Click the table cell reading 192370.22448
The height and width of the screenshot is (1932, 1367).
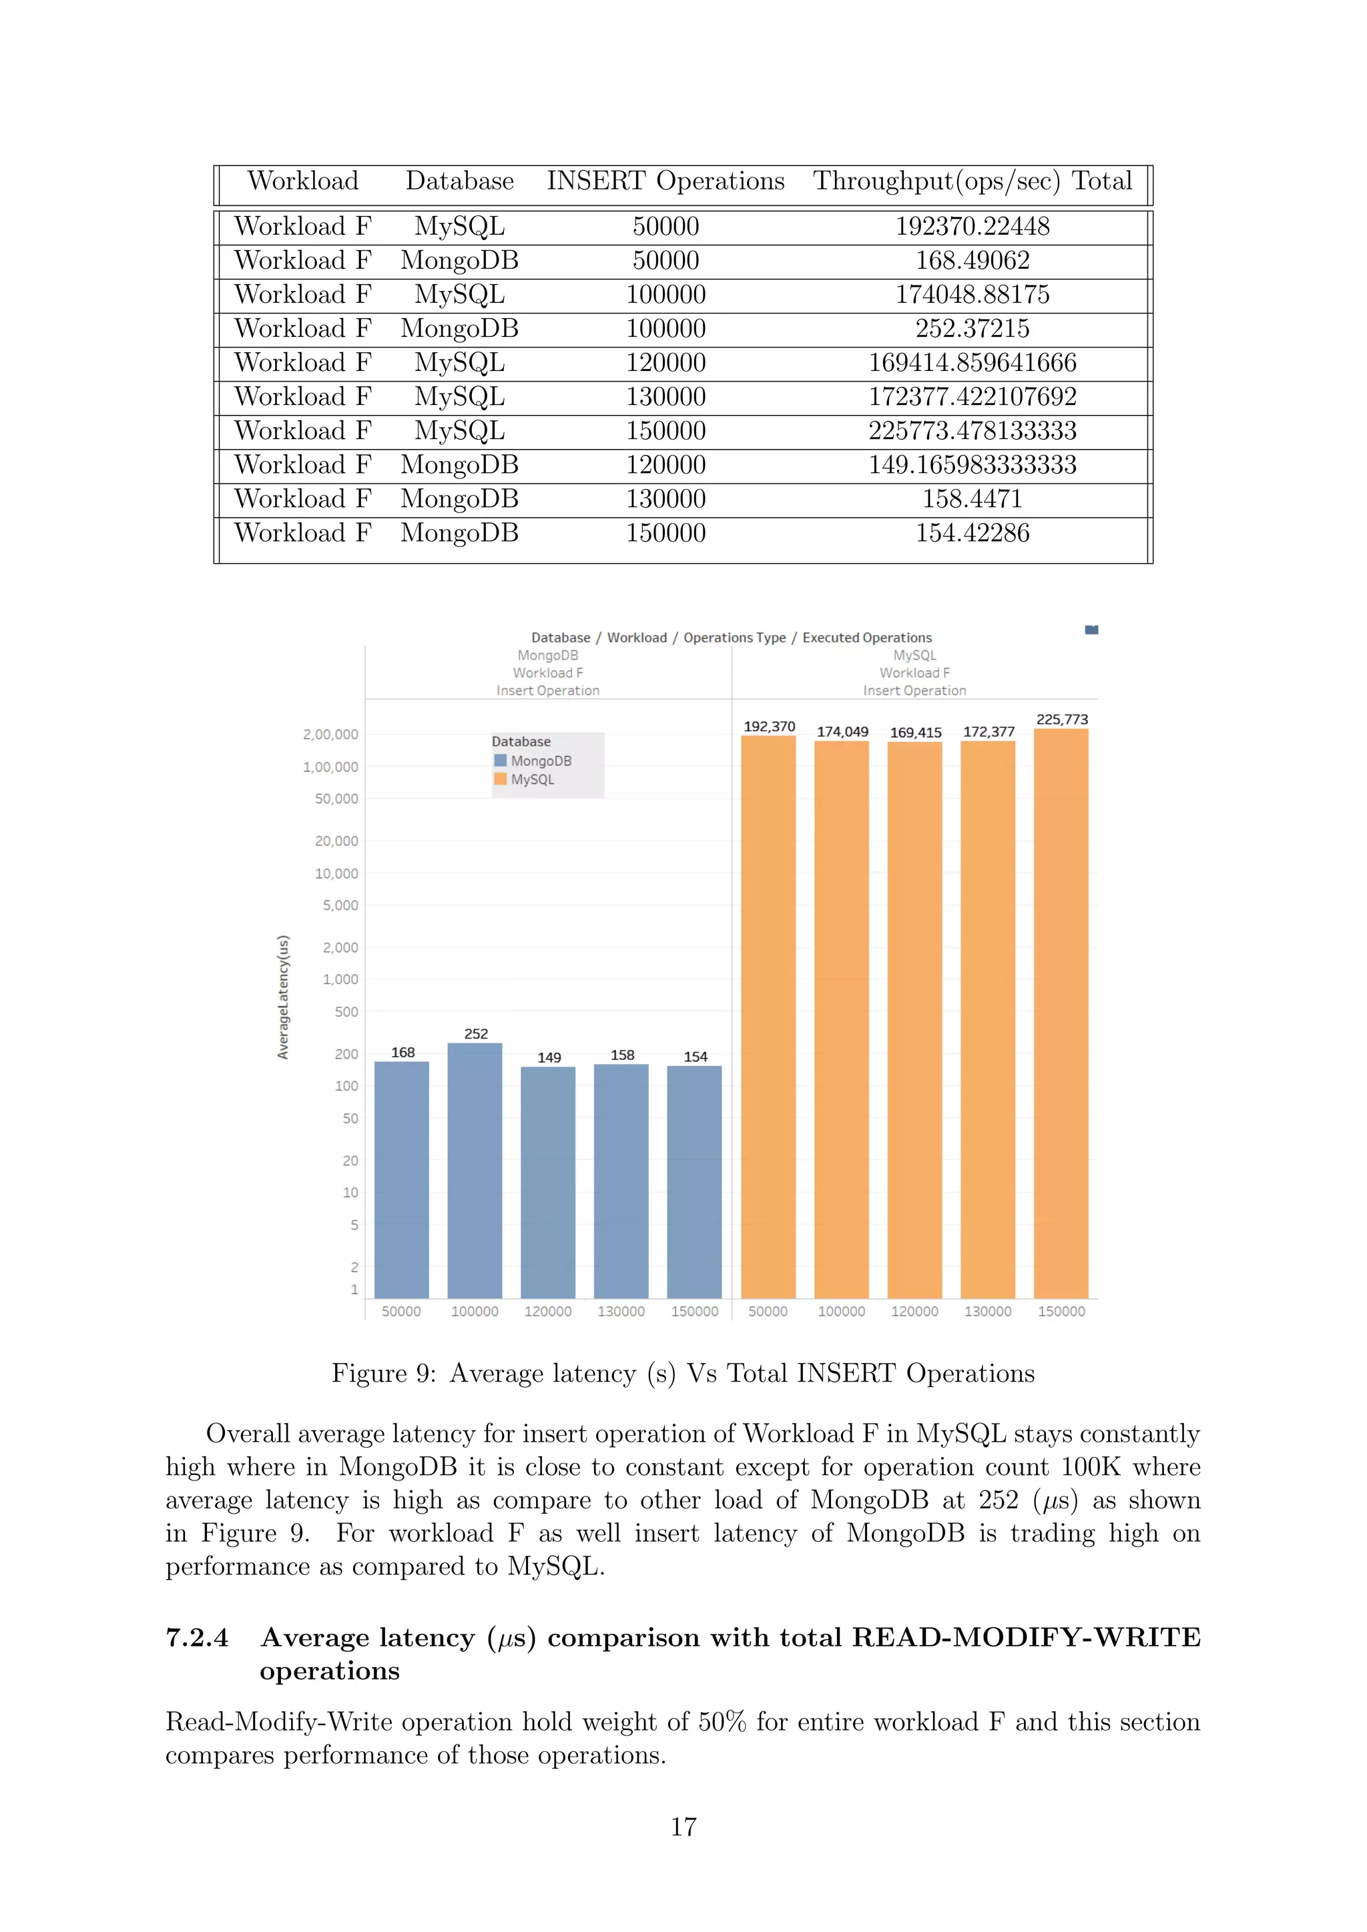(973, 226)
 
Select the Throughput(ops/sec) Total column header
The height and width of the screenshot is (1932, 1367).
(973, 181)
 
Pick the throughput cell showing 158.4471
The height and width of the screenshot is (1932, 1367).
(973, 499)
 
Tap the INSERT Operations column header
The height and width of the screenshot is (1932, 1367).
(665, 181)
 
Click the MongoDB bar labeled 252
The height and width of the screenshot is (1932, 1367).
(475, 1169)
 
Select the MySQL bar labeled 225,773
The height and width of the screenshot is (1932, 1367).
(1061, 1010)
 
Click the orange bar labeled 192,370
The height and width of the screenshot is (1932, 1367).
(768, 1010)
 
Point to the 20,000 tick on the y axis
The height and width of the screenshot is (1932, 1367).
(336, 841)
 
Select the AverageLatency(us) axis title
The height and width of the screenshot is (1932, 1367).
(284, 997)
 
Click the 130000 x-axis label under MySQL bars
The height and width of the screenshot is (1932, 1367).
(987, 1311)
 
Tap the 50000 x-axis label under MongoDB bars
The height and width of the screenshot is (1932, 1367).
(402, 1311)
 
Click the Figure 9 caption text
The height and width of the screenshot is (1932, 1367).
(683, 1373)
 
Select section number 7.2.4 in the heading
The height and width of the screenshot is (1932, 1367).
(197, 1638)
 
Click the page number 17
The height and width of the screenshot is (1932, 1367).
(683, 1826)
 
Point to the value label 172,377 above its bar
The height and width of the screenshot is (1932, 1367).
(989, 731)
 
